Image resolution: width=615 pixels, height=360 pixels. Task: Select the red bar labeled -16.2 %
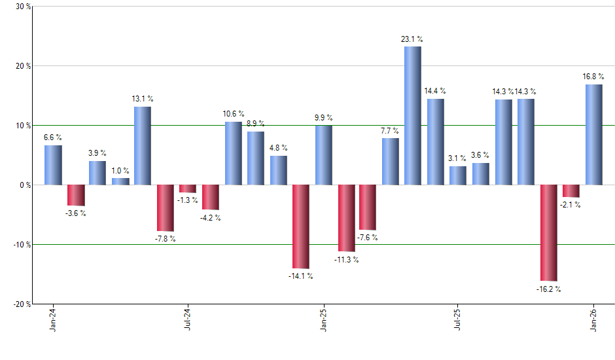[548, 232]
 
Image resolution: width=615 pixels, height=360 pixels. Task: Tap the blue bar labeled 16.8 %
[593, 135]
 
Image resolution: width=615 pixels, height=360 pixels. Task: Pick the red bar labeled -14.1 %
[300, 226]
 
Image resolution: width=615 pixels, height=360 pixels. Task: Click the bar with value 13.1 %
[143, 146]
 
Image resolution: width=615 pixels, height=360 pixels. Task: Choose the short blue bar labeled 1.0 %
[120, 181]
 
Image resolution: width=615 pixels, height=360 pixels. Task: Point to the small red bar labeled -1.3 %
[188, 189]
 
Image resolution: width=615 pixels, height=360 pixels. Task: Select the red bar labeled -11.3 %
[346, 218]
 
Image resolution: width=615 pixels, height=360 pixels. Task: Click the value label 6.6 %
[53, 137]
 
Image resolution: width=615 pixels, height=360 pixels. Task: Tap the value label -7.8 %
[166, 239]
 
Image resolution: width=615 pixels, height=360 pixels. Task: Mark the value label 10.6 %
[234, 114]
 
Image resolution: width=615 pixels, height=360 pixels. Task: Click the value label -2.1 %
[571, 205]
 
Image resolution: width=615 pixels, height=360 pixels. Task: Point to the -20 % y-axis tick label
[22, 304]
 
